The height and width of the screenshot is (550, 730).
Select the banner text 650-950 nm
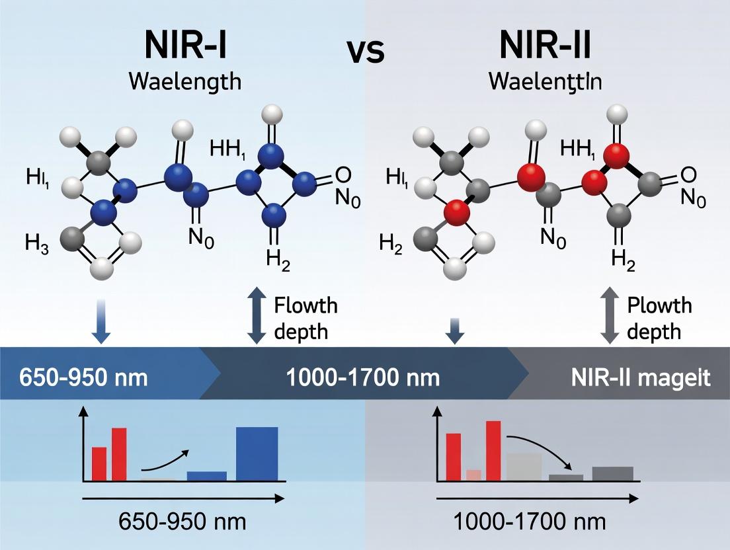74,378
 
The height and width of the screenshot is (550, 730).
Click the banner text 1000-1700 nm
363,378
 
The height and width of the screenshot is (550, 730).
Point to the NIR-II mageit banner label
641,378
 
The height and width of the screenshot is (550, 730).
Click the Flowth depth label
305,318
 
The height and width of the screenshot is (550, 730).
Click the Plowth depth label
659,318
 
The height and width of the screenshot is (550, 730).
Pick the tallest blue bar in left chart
257,453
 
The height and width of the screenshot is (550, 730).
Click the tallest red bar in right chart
493,450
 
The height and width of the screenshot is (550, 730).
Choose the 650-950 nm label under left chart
182,522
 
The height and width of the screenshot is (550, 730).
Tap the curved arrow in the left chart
165,459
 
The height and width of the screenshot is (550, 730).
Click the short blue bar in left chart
206,475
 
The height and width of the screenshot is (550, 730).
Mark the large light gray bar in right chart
524,466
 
